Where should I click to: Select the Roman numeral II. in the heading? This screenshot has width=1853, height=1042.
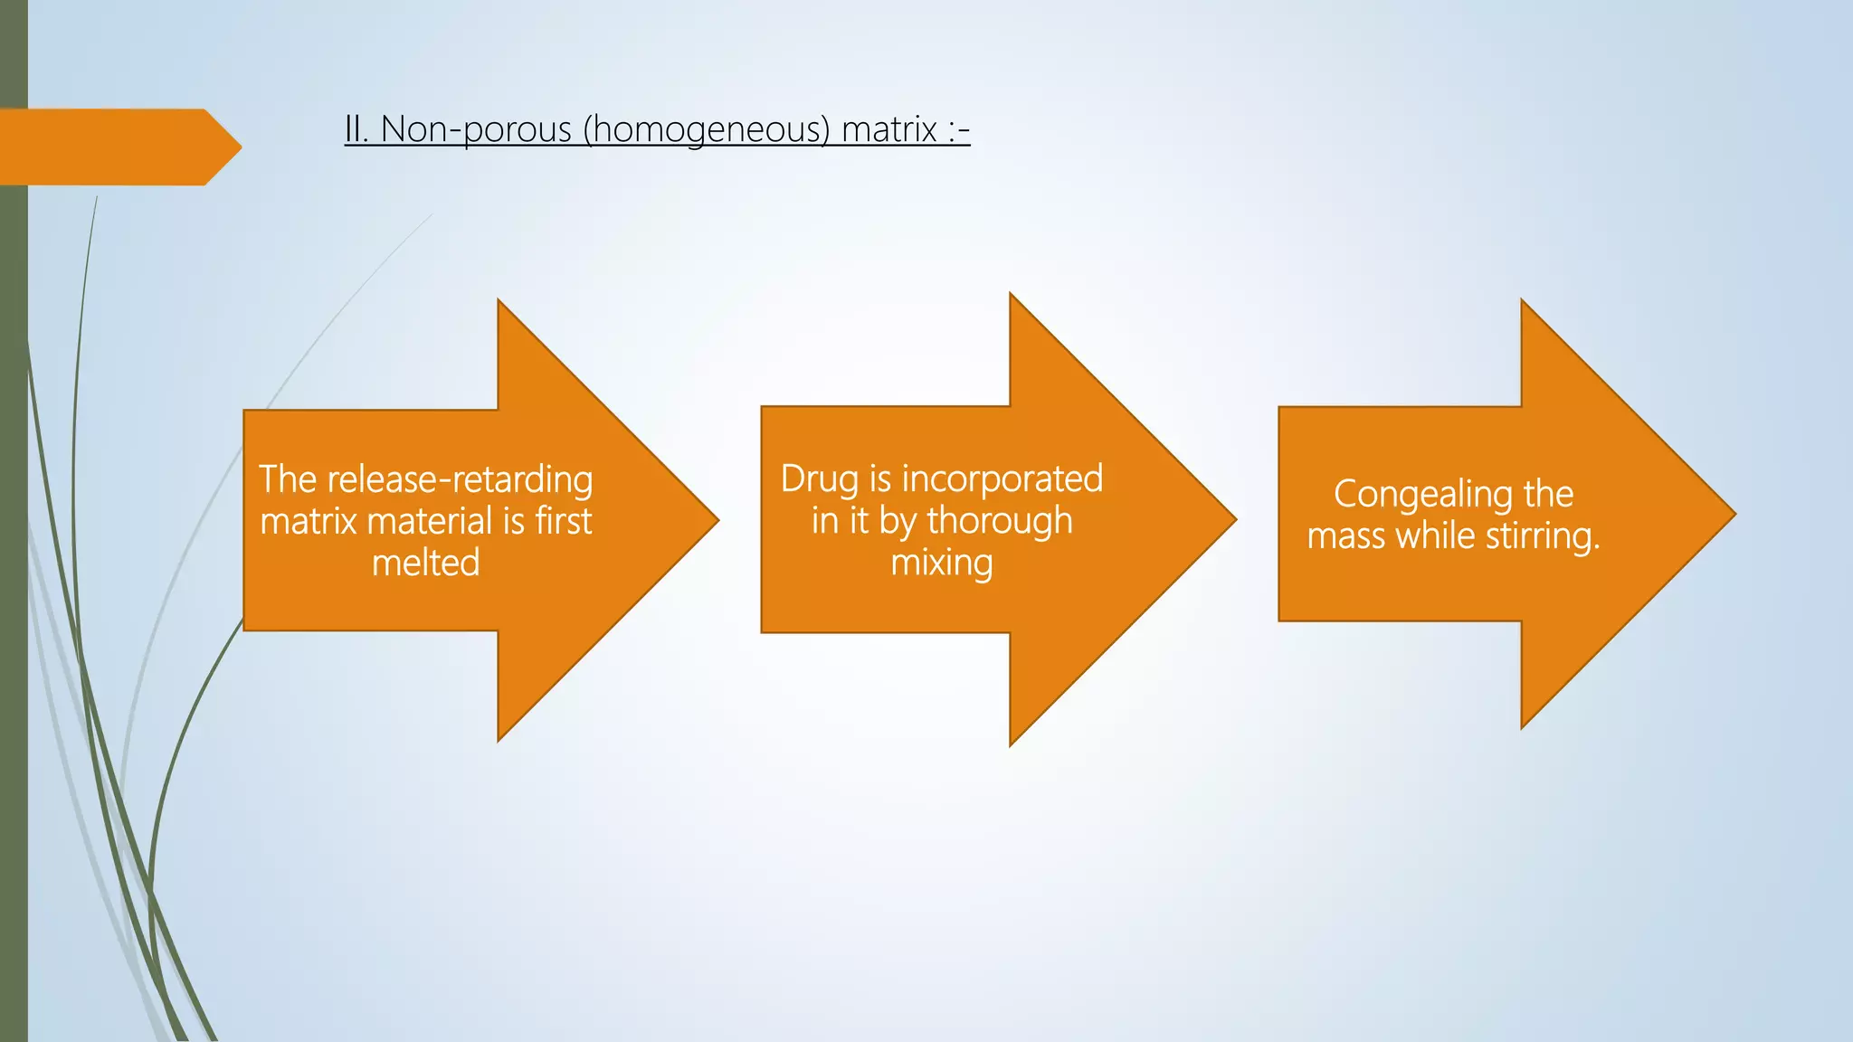(356, 130)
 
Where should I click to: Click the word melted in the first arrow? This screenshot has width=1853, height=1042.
(425, 564)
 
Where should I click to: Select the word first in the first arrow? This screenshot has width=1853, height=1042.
(563, 522)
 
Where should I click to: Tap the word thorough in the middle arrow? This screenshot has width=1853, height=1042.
(1000, 522)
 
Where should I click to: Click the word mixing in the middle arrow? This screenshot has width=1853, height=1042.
(942, 564)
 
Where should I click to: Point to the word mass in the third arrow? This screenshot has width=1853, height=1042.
(1346, 536)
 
